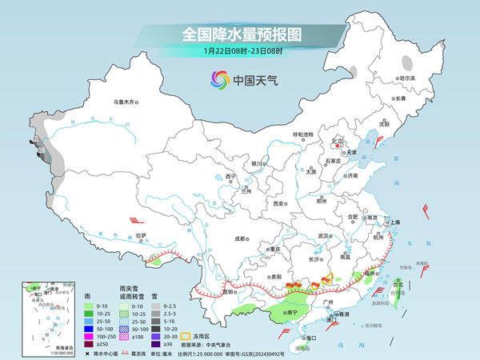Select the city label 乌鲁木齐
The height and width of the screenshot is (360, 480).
[126, 102]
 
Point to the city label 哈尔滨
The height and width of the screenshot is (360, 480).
[386, 78]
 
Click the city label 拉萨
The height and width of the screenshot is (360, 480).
[141, 236]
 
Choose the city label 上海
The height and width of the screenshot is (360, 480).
[394, 222]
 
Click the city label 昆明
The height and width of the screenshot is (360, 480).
[208, 291]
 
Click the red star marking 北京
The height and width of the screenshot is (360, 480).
[338, 146]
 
